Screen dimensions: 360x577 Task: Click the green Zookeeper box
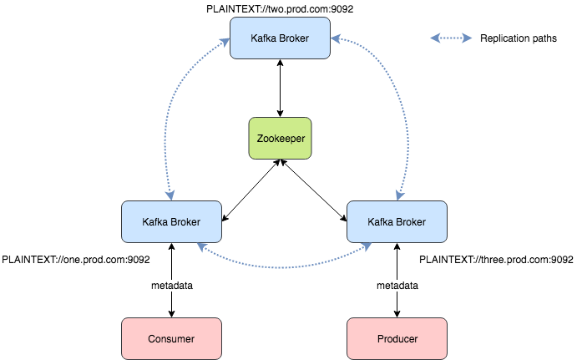click(x=280, y=139)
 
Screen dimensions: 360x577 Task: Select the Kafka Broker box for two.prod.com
click(x=280, y=38)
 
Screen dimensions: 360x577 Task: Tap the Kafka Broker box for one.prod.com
click(x=171, y=222)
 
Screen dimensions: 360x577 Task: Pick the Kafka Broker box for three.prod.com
click(x=397, y=222)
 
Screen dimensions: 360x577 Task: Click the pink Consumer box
click(x=171, y=338)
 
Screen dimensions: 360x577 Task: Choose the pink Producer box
click(x=397, y=338)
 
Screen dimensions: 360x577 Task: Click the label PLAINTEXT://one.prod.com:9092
click(x=76, y=260)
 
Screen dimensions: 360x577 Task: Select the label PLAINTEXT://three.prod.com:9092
click(x=496, y=260)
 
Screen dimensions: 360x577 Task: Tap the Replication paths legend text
click(x=519, y=38)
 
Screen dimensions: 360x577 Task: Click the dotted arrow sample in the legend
click(x=451, y=38)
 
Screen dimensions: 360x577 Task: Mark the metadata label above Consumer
click(x=172, y=285)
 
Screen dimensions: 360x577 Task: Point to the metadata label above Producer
click(x=397, y=285)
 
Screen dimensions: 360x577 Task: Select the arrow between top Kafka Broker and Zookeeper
click(x=280, y=88)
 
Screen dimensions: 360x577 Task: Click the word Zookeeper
click(x=280, y=139)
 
